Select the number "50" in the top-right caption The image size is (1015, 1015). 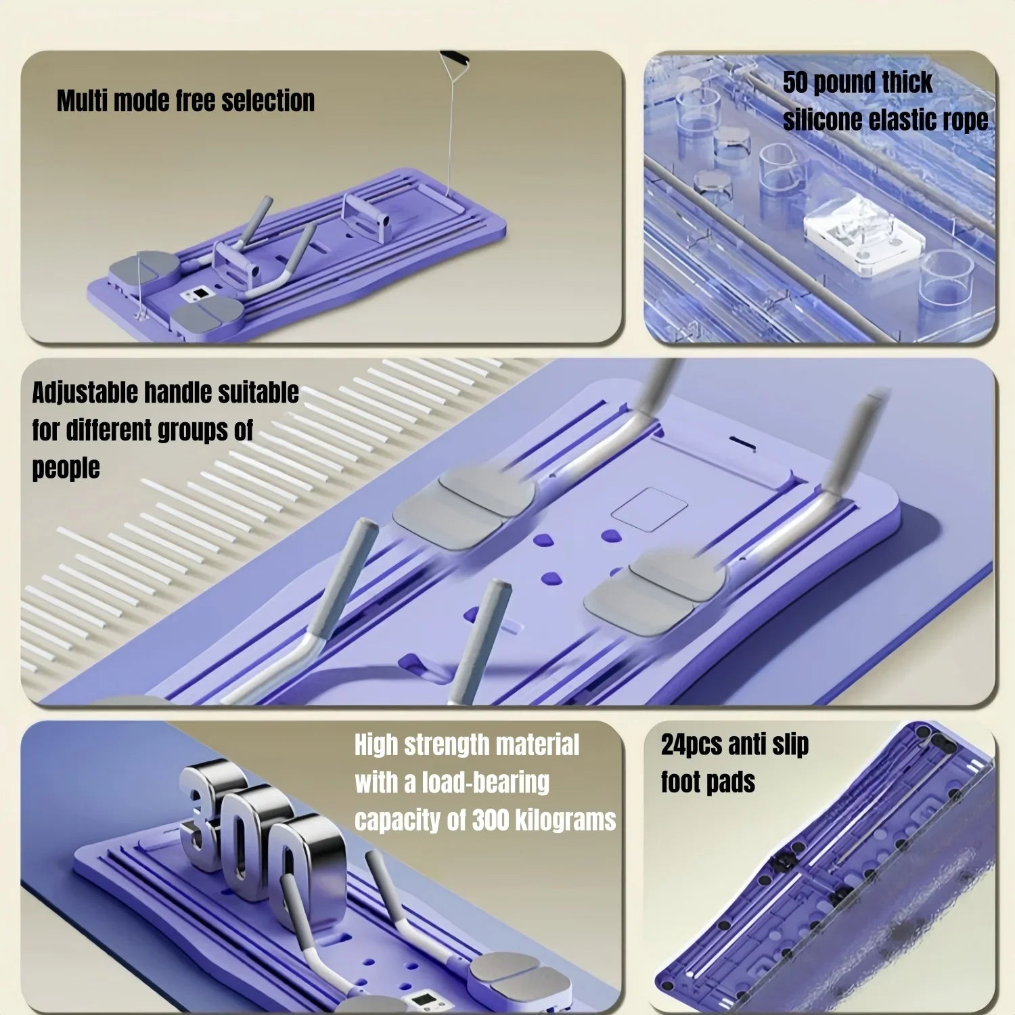[x=795, y=83]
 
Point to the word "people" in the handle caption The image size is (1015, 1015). [x=66, y=468]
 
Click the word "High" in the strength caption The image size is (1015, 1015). [x=376, y=746]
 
